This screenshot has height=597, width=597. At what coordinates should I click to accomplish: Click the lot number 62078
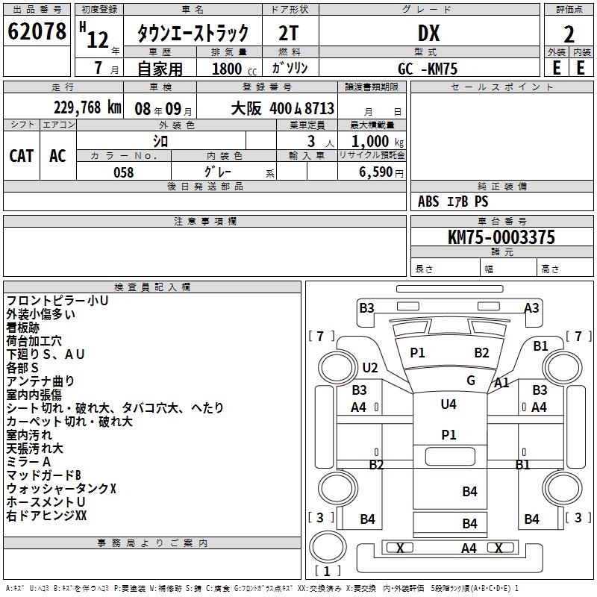[37, 31]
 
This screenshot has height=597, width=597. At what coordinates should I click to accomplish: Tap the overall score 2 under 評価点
[569, 34]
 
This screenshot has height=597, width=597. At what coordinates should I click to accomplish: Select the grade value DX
[428, 33]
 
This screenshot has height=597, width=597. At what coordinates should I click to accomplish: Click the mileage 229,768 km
[87, 107]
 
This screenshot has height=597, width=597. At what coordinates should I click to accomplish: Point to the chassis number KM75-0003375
[501, 237]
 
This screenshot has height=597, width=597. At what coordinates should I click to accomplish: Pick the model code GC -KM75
[428, 69]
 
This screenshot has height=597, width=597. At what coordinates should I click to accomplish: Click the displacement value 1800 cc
[234, 69]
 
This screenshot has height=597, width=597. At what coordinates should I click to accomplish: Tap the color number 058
[124, 172]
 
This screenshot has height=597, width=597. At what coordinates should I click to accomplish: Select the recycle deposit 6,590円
[381, 172]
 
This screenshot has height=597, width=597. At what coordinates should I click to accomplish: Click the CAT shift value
[22, 156]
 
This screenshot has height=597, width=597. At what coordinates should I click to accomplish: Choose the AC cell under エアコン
[57, 156]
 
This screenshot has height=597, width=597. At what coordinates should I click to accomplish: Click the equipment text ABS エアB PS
[453, 201]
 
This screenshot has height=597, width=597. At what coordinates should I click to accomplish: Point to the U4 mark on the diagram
[448, 404]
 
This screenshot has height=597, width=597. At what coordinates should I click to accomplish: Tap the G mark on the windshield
[471, 381]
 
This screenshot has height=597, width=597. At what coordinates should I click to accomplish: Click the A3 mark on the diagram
[531, 307]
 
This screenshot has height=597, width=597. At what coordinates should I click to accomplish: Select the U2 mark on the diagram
[370, 367]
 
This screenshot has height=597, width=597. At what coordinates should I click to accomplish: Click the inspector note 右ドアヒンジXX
[46, 516]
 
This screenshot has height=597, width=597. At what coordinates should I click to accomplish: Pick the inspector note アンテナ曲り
[40, 381]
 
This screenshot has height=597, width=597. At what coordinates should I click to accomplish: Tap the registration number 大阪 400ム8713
[283, 108]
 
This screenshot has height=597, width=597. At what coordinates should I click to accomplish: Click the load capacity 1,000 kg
[378, 141]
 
